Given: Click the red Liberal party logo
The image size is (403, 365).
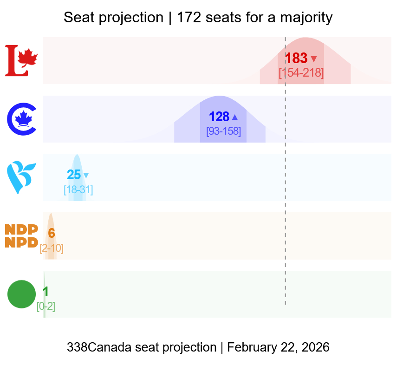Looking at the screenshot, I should coord(21,60).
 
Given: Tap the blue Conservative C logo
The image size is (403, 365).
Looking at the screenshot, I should coord(22,119).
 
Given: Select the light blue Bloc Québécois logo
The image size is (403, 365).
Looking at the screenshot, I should coord(21,177).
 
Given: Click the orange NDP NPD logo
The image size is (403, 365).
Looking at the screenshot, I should coord(21,236).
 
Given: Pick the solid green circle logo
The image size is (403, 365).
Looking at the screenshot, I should coord(21,294).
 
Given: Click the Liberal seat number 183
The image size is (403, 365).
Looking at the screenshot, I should coord(296,59).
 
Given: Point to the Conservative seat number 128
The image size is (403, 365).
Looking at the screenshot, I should coord(219,117).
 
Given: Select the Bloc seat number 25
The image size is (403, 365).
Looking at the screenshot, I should coord(74,175).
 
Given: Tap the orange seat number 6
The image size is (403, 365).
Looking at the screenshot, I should coord(52,234).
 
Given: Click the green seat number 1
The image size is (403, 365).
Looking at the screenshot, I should coord(45,292).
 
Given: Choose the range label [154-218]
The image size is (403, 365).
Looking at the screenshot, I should coord(301,73).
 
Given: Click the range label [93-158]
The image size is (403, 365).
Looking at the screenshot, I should coord(223,131).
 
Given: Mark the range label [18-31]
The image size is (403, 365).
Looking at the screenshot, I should coord(78,189).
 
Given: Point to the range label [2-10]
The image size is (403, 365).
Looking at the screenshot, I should coord(52,248).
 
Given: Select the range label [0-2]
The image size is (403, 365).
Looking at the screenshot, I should coord(46,306).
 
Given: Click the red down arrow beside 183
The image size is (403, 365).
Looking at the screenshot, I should coord(314,59).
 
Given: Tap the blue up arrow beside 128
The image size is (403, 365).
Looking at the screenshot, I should coord(235,117).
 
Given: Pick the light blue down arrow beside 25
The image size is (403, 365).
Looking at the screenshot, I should coord(86,176).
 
